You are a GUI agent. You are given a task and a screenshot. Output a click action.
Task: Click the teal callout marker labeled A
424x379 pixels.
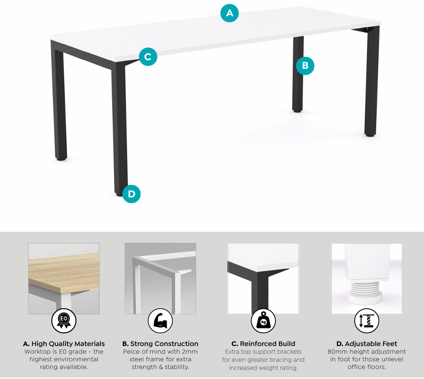click(x=230, y=13)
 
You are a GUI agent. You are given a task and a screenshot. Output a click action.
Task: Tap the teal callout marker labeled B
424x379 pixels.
click(x=305, y=66)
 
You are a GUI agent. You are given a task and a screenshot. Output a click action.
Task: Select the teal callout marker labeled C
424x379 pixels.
click(x=148, y=57)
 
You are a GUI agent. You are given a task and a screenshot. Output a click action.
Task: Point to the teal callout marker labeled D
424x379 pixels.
click(x=131, y=194)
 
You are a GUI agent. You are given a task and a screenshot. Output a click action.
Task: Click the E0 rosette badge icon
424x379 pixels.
click(x=64, y=320)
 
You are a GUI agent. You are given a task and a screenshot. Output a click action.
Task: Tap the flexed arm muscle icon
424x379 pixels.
click(x=160, y=320)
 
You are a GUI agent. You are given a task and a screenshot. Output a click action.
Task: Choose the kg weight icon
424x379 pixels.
click(x=263, y=320)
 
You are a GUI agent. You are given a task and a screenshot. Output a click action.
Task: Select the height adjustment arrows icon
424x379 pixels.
click(x=366, y=320)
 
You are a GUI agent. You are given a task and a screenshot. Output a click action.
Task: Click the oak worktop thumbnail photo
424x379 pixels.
click(x=64, y=278)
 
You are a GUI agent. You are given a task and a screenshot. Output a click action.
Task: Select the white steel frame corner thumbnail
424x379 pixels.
click(x=160, y=278)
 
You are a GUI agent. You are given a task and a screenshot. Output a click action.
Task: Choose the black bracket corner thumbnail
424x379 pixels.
click(x=263, y=278)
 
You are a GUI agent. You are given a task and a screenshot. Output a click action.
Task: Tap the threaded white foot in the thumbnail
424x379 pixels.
click(x=363, y=292)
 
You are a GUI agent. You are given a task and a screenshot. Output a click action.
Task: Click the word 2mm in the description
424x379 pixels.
click(x=190, y=352)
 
